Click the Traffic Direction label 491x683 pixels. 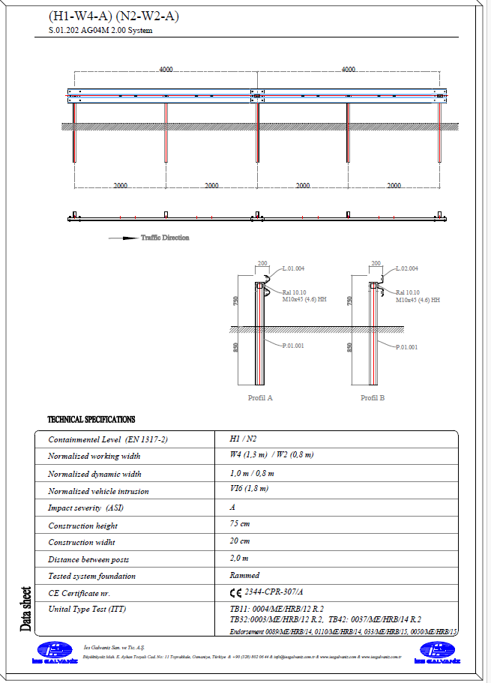165,238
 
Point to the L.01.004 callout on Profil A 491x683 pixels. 293,268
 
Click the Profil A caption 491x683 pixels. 260,398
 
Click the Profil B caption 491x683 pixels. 373,398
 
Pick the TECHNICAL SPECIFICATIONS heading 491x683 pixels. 91,420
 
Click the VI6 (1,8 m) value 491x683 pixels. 249,489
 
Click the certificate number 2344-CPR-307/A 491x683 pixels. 280,592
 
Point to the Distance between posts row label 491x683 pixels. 88,559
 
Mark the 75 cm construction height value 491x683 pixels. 239,524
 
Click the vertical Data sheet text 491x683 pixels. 27,609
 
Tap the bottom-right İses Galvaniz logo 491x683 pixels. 436,653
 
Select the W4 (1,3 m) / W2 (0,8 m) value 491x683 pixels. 271,455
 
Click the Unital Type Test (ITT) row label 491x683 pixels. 87,610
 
